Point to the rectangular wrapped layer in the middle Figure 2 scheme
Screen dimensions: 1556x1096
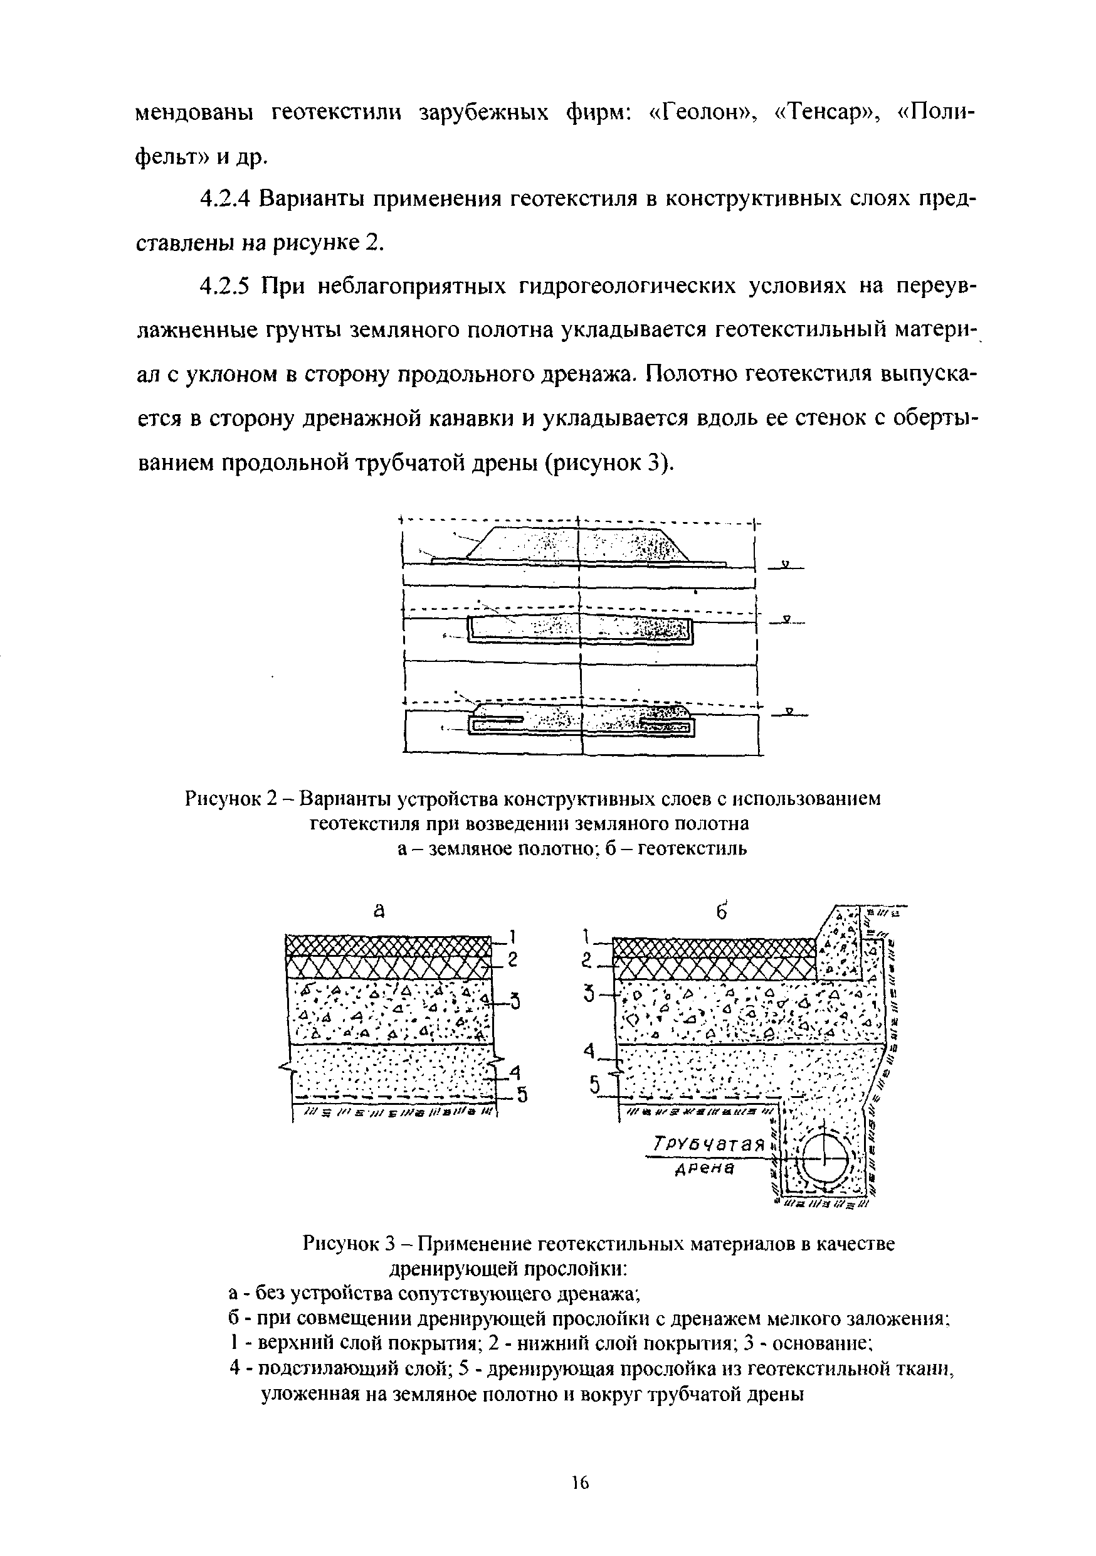580,629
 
